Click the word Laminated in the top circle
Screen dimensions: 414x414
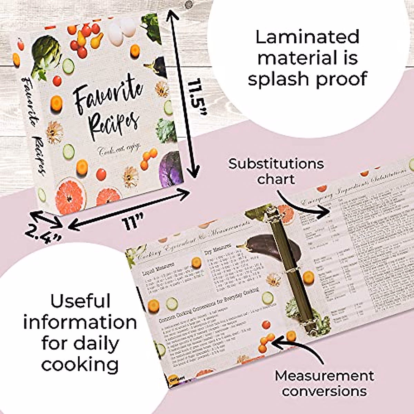pos(307,37)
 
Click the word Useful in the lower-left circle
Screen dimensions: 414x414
pos(80,301)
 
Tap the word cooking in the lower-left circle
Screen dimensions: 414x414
pos(80,364)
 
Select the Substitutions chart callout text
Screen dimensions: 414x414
pos(276,171)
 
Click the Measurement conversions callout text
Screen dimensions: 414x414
pos(324,383)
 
